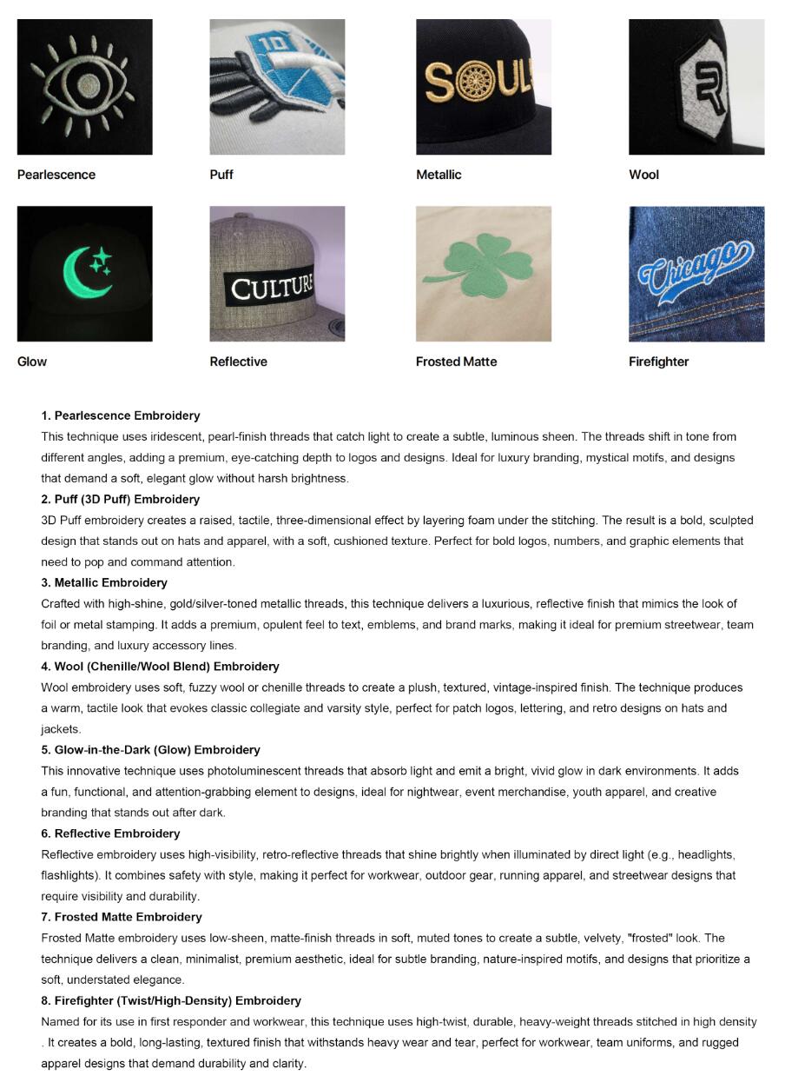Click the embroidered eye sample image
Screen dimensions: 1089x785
[84, 87]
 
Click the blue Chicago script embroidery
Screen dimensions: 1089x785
[695, 269]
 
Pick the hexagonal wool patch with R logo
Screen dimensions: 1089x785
[696, 86]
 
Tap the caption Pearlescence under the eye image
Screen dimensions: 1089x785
[56, 175]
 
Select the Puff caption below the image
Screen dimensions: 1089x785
[221, 175]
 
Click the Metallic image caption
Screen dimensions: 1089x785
[439, 175]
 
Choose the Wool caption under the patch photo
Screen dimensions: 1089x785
[643, 175]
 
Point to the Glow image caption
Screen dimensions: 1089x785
[32, 362]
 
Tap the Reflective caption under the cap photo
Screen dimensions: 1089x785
[238, 362]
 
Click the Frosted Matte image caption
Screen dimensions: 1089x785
[456, 362]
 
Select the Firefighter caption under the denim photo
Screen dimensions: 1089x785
[658, 362]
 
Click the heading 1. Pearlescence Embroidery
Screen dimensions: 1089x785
[121, 415]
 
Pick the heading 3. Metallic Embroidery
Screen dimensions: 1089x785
[104, 582]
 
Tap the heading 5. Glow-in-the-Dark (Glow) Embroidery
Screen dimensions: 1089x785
[150, 749]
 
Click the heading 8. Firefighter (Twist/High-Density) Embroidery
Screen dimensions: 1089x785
[171, 1000]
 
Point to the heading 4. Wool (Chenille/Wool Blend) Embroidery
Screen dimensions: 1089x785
[160, 666]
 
